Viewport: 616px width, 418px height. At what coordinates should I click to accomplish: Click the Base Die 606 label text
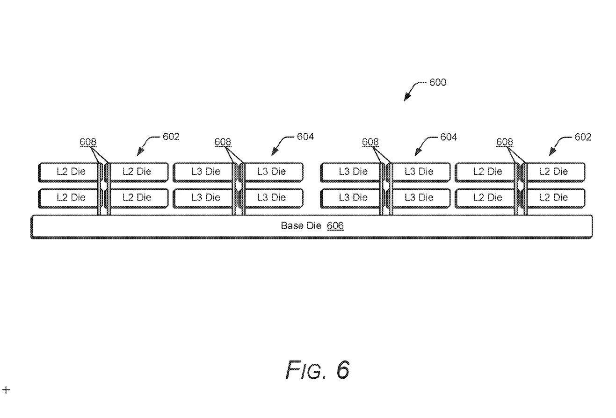(312, 226)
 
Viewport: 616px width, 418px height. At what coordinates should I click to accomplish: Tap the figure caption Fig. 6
(318, 370)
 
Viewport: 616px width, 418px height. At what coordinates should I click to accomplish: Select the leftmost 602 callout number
(171, 137)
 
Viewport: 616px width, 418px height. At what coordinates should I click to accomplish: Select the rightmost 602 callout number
(582, 137)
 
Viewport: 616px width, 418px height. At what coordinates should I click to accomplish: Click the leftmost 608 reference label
(88, 142)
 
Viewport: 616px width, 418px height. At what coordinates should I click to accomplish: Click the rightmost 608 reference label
(505, 142)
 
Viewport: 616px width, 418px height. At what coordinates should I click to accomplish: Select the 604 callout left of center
(305, 137)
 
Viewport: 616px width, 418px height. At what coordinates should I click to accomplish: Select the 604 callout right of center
(448, 137)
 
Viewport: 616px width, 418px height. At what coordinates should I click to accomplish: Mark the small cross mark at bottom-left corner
(6, 389)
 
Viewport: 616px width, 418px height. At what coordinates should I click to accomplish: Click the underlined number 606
(335, 226)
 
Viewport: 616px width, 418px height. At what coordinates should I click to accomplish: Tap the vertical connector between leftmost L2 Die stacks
(104, 189)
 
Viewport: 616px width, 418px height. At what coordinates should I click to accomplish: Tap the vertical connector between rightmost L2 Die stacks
(520, 189)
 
